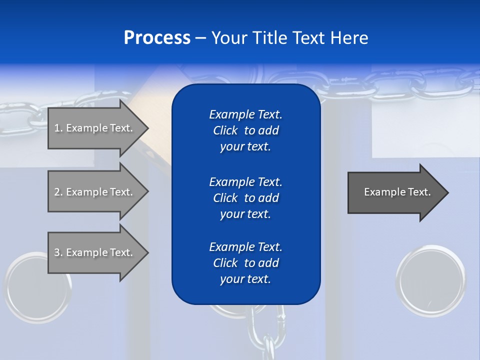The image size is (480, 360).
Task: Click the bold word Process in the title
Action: pos(157,38)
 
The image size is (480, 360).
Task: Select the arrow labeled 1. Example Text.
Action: pos(95,128)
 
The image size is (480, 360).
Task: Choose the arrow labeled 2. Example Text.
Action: pos(95,192)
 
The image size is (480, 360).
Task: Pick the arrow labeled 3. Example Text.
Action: pos(95,252)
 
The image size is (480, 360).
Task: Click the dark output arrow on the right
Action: pos(395,192)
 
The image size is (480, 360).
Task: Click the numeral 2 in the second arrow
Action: pos(57,192)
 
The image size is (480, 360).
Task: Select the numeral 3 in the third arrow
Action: pos(57,252)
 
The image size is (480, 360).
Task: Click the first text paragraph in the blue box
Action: pos(245,130)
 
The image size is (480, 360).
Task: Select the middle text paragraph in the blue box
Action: pos(245,197)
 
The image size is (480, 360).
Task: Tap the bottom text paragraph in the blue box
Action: pos(245,263)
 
